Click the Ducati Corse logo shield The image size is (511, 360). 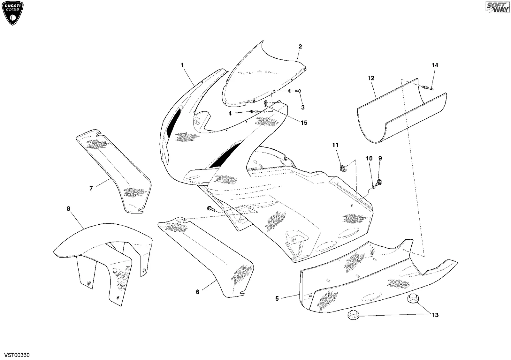[x=12, y=13]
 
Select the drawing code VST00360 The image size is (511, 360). [x=17, y=355]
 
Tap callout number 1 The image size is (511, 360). [x=182, y=65]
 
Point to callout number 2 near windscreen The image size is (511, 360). [x=300, y=47]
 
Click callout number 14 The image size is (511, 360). [x=435, y=65]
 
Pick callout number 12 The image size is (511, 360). [x=371, y=78]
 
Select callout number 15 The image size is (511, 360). [x=304, y=123]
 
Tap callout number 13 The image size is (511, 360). [x=435, y=315]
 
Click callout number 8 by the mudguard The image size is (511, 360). [x=68, y=209]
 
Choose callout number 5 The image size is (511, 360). [x=277, y=299]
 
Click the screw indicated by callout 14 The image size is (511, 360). [x=428, y=87]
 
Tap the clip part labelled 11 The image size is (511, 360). [x=343, y=169]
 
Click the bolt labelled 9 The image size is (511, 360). [x=380, y=182]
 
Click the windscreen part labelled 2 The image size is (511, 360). [x=262, y=75]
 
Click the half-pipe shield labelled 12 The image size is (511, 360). [x=401, y=112]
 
